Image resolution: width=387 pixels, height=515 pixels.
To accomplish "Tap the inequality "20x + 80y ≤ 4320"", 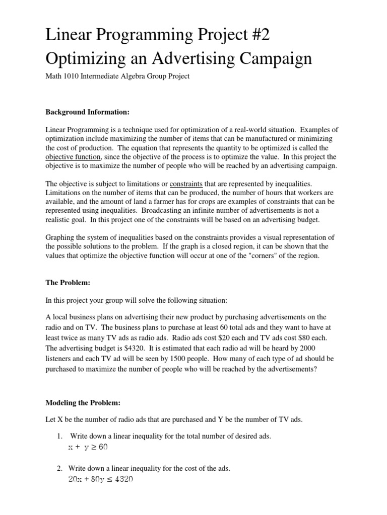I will (100, 480).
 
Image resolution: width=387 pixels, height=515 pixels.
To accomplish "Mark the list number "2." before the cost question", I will (60, 469).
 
